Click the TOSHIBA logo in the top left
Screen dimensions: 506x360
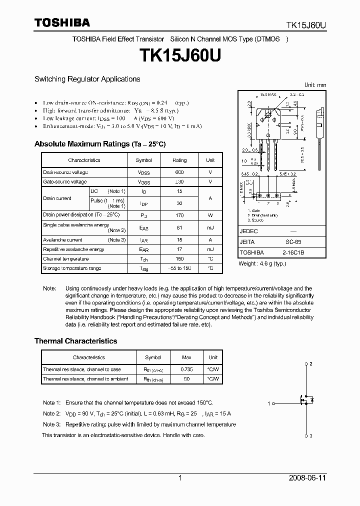coord(62,22)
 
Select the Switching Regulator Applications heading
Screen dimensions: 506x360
coord(87,79)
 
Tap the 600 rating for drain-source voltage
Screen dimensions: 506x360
coord(179,172)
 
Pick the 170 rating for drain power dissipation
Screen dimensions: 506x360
coord(179,214)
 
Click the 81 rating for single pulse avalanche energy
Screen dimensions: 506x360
coord(179,227)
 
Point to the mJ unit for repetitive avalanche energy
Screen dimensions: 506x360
coord(210,249)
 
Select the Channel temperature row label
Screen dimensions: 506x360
coord(66,259)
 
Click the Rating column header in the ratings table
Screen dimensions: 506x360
coord(179,160)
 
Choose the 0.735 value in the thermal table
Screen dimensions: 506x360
coord(186,369)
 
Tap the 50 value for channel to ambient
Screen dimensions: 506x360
coord(186,379)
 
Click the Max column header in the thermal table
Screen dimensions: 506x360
coord(186,357)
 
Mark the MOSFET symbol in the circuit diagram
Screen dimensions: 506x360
coord(305,400)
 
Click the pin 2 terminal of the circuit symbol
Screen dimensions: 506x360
coord(306,363)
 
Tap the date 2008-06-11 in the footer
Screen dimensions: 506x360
coord(307,478)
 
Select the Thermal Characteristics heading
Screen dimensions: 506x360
coord(75,341)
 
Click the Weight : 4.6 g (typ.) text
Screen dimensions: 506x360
coord(262,263)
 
